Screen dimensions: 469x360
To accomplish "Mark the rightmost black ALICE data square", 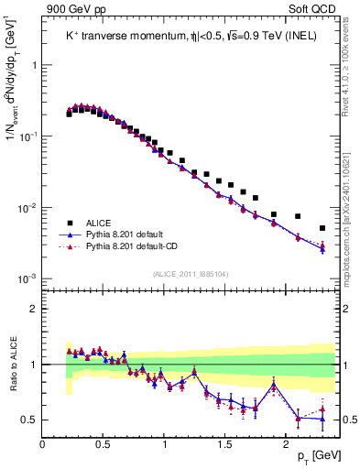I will click(x=322, y=228).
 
